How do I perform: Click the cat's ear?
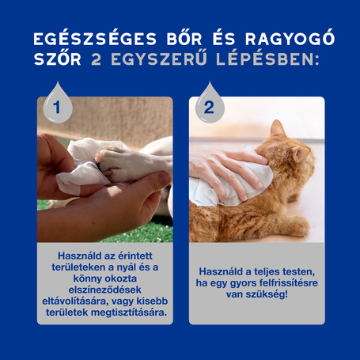tap(278, 130)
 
